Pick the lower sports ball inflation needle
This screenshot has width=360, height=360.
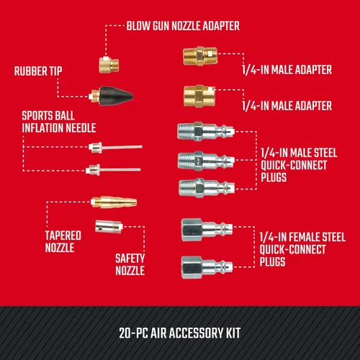point(102,171)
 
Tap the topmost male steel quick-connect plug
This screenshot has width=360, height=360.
point(205,132)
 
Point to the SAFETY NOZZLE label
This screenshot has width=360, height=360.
point(130,264)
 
